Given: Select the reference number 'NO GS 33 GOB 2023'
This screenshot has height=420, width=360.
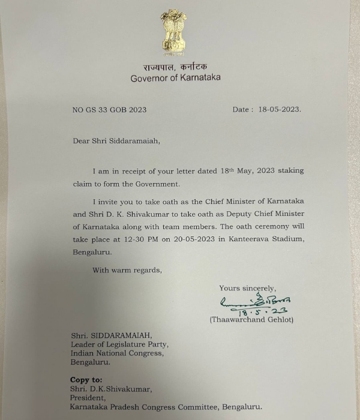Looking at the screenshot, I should point(109,110).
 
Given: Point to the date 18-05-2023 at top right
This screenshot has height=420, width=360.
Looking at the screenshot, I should point(277,110).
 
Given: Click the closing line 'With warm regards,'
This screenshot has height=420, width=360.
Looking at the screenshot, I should point(127,270).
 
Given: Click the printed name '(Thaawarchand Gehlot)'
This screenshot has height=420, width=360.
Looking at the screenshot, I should point(251,320).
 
